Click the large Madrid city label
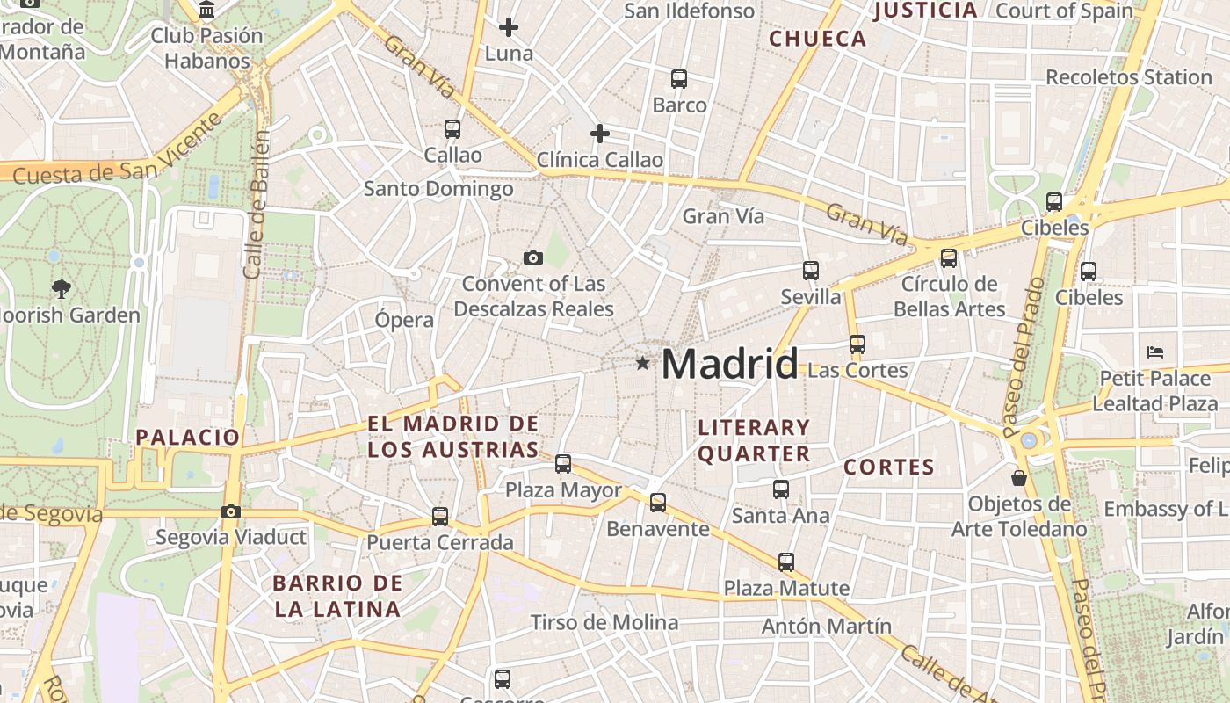[729, 364]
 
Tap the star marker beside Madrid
[643, 363]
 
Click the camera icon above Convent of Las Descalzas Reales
[532, 257]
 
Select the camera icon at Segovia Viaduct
[231, 511]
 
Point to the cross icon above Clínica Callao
[600, 134]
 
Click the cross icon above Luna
[509, 27]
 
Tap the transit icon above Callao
[452, 129]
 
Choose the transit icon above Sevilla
[811, 271]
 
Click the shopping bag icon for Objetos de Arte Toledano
[1019, 478]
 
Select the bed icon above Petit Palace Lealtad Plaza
[1155, 352]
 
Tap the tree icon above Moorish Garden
[61, 287]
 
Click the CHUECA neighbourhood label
[818, 39]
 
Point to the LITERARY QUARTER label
[754, 440]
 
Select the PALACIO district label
[188, 437]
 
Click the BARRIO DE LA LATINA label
[337, 596]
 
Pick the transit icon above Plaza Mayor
[563, 463]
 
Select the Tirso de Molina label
[604, 623]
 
